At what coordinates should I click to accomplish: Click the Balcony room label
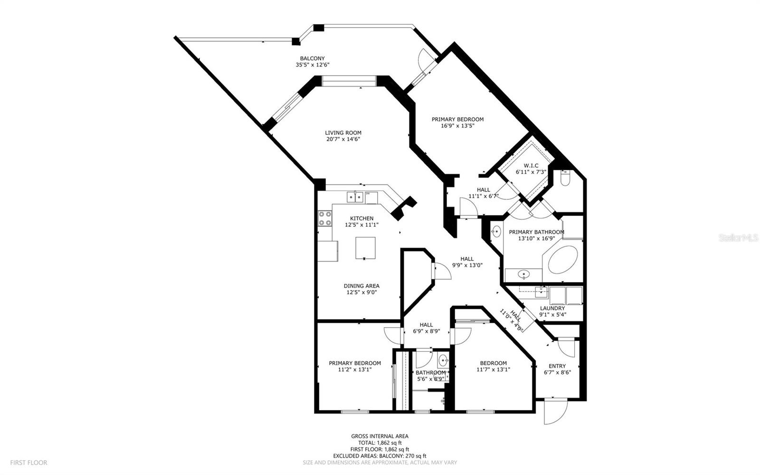[312, 58]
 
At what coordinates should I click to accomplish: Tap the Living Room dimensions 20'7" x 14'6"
[343, 139]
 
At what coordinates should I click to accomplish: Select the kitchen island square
[365, 248]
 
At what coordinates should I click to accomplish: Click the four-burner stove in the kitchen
[325, 218]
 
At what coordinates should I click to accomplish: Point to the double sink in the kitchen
[355, 196]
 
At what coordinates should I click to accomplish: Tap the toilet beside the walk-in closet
[565, 178]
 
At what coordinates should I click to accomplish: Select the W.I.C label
[531, 165]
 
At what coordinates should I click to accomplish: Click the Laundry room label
[552, 308]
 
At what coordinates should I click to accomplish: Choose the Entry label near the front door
[557, 366]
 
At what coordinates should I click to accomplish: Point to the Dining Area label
[361, 286]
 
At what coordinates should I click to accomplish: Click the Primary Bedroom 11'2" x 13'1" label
[354, 363]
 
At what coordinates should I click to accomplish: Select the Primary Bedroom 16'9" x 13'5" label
[457, 119]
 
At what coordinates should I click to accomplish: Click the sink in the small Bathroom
[443, 360]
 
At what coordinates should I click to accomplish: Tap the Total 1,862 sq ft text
[380, 443]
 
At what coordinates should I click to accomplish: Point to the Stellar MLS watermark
[738, 237]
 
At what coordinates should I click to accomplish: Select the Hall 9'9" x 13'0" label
[466, 259]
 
